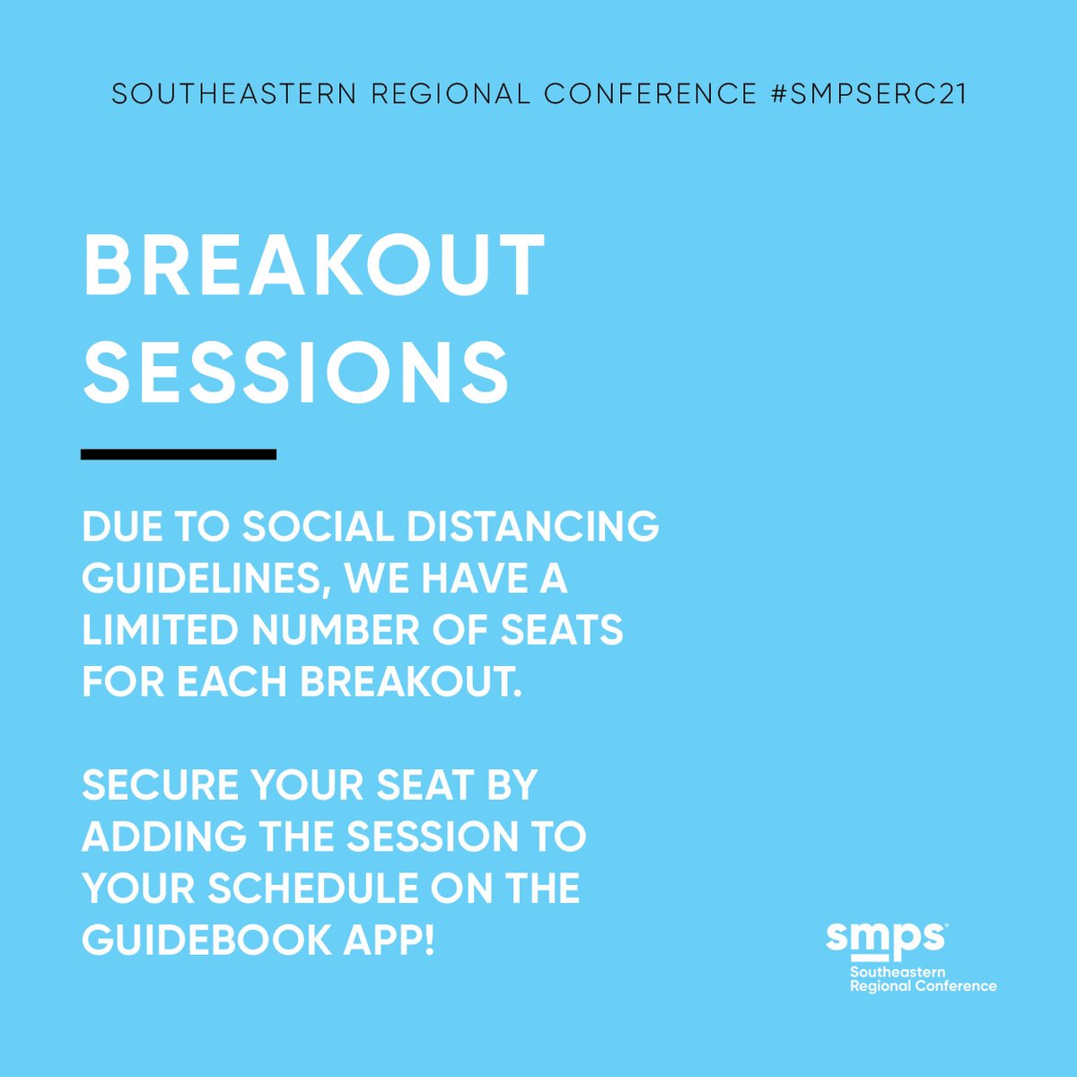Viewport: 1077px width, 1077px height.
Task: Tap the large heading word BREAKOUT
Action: tap(313, 267)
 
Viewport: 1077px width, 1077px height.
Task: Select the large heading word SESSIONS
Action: tap(296, 371)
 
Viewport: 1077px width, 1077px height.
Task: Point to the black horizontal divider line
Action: tap(179, 454)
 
